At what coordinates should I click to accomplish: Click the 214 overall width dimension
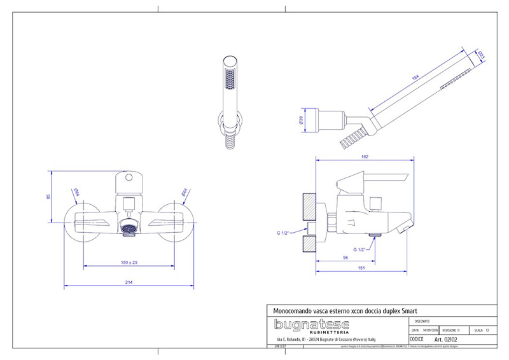(x=129, y=282)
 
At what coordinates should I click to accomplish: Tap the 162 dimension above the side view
(x=364, y=156)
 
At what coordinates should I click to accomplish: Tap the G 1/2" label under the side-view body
(x=360, y=250)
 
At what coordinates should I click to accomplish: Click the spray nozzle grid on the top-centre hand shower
(x=228, y=81)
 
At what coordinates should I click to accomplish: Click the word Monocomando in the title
(x=289, y=309)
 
